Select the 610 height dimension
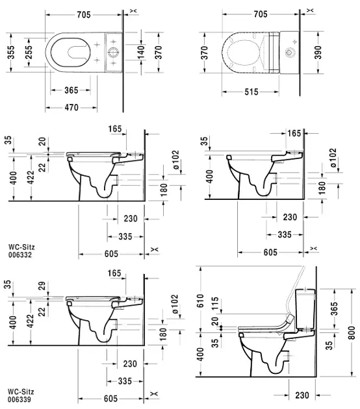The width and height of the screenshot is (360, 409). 201,300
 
